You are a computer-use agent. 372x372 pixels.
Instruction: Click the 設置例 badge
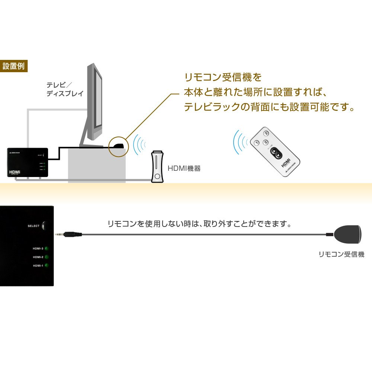(x=13, y=67)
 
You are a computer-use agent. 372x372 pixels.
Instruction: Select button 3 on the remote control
(x=265, y=142)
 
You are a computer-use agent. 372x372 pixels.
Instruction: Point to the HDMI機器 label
(x=184, y=169)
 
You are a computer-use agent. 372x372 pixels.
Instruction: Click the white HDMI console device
(x=158, y=167)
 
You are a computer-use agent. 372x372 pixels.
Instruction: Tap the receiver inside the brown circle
(x=119, y=145)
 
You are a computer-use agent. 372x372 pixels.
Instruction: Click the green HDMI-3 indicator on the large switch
(x=47, y=248)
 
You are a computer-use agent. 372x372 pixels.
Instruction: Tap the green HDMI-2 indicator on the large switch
(x=47, y=257)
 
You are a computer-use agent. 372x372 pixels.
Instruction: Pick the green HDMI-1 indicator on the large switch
(x=47, y=266)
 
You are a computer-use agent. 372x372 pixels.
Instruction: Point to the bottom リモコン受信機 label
(x=341, y=255)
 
